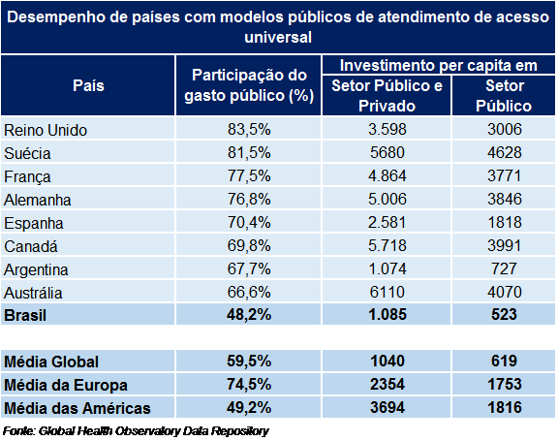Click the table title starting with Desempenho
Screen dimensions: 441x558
pos(279,28)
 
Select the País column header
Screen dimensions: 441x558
pos(88,85)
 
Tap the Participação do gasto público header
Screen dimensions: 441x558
pos(249,85)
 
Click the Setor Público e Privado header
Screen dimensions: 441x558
pos(387,96)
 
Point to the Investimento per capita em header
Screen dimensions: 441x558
pos(439,65)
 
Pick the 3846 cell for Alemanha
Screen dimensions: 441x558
pos(504,200)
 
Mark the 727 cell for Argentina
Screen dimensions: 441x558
pos(504,269)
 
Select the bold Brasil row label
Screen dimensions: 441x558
pos(26,315)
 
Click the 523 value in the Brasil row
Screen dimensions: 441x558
pos(504,315)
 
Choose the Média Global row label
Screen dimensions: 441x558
pos(52,362)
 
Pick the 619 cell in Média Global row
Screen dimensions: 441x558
pos(504,362)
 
